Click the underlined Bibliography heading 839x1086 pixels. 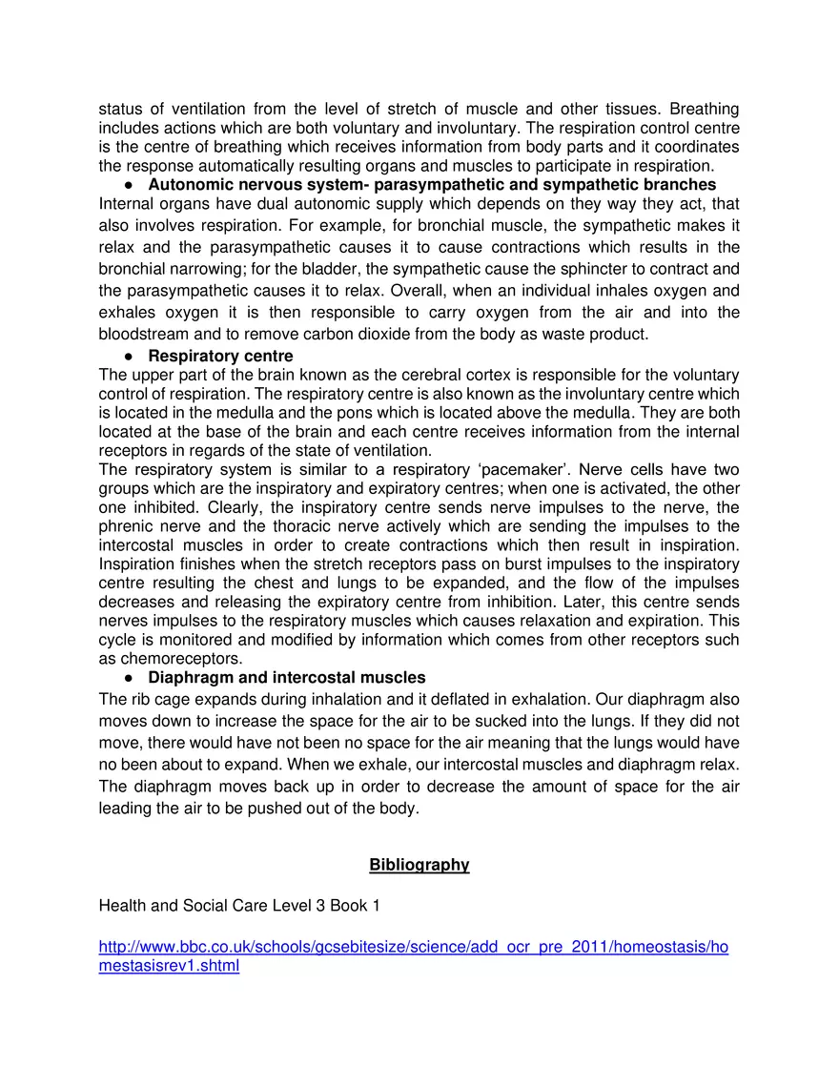pyautogui.click(x=419, y=865)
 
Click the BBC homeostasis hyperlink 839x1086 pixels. pyautogui.click(x=413, y=948)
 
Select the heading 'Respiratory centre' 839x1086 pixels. pyautogui.click(x=220, y=357)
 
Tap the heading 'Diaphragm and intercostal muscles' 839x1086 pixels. pyautogui.click(x=286, y=678)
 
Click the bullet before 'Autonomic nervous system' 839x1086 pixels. pyautogui.click(x=127, y=184)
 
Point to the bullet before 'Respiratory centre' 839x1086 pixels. pyautogui.click(x=127, y=357)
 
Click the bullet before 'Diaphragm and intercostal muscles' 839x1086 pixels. pyautogui.click(x=127, y=678)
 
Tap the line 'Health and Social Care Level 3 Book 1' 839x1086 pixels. pyautogui.click(x=239, y=906)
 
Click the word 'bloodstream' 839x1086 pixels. pyautogui.click(x=142, y=334)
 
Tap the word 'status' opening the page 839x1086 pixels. pyautogui.click(x=120, y=109)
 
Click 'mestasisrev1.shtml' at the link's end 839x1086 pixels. pyautogui.click(x=169, y=966)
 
